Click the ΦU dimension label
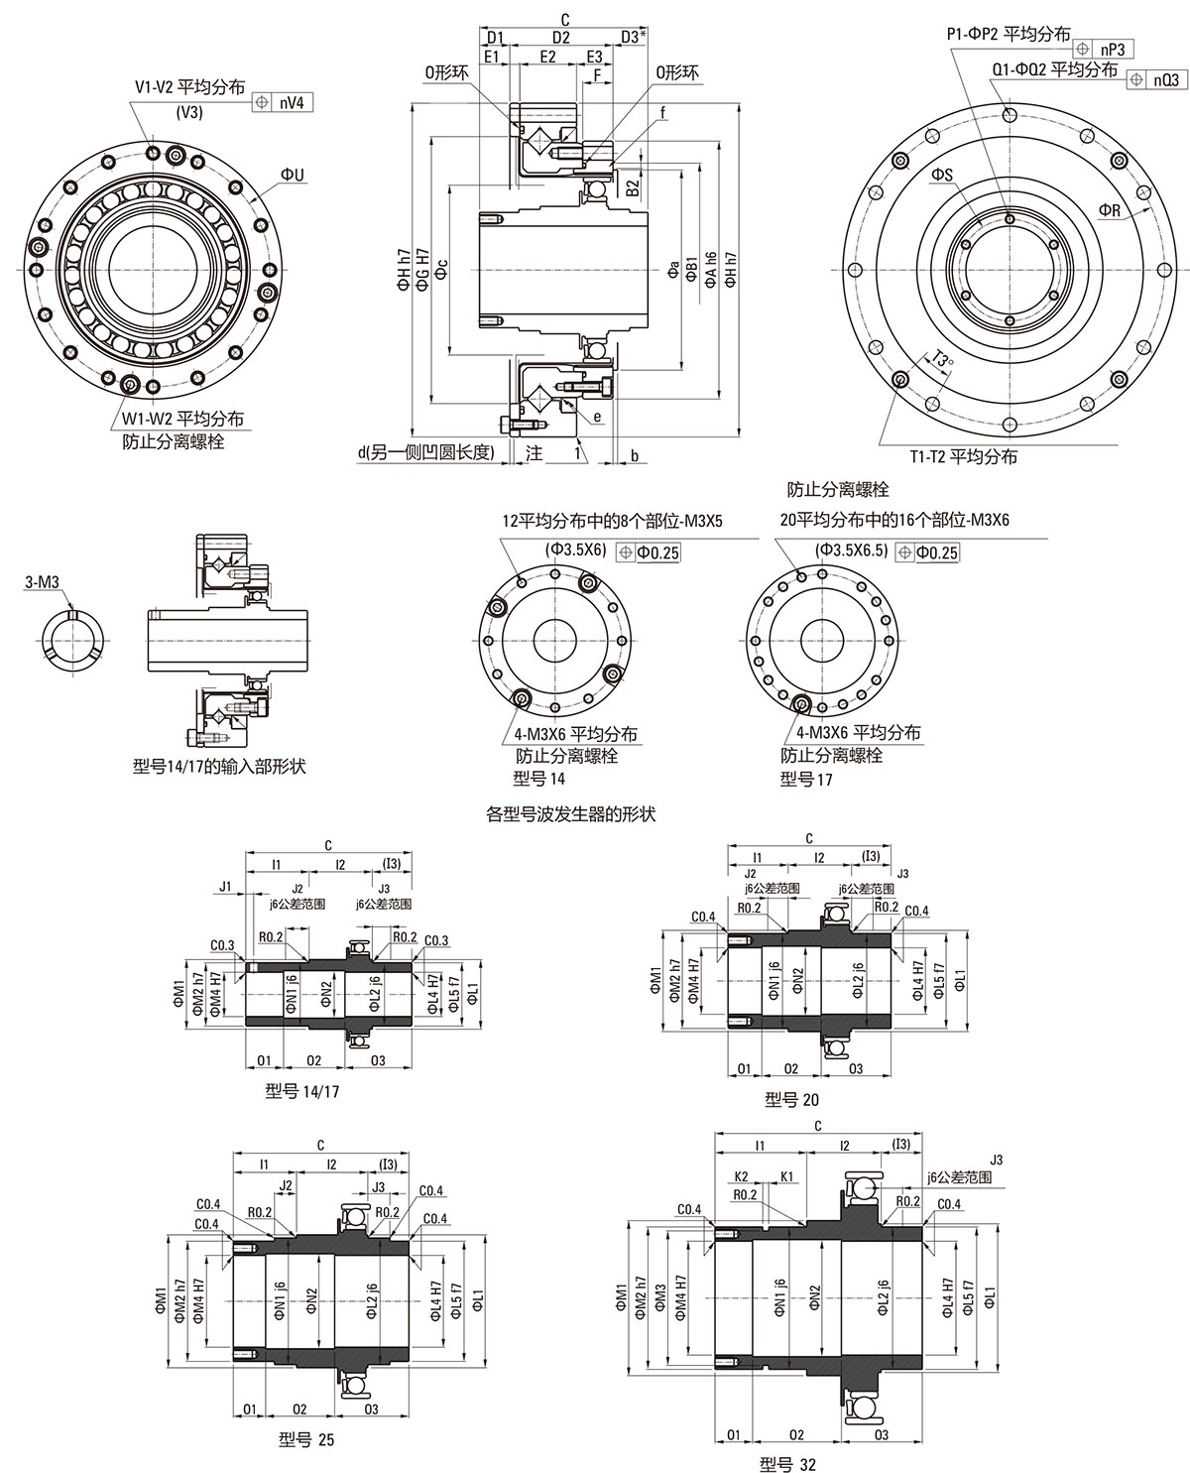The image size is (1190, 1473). (293, 175)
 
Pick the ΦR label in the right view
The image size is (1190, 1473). (1110, 209)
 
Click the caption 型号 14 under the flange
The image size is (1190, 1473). (535, 778)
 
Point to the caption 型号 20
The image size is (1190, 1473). (792, 1099)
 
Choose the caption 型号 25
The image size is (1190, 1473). (306, 1440)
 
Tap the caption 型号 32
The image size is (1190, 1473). (787, 1463)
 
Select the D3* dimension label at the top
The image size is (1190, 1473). (635, 38)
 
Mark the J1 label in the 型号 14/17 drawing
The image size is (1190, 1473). (226, 885)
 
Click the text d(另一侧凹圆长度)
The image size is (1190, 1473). (425, 453)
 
